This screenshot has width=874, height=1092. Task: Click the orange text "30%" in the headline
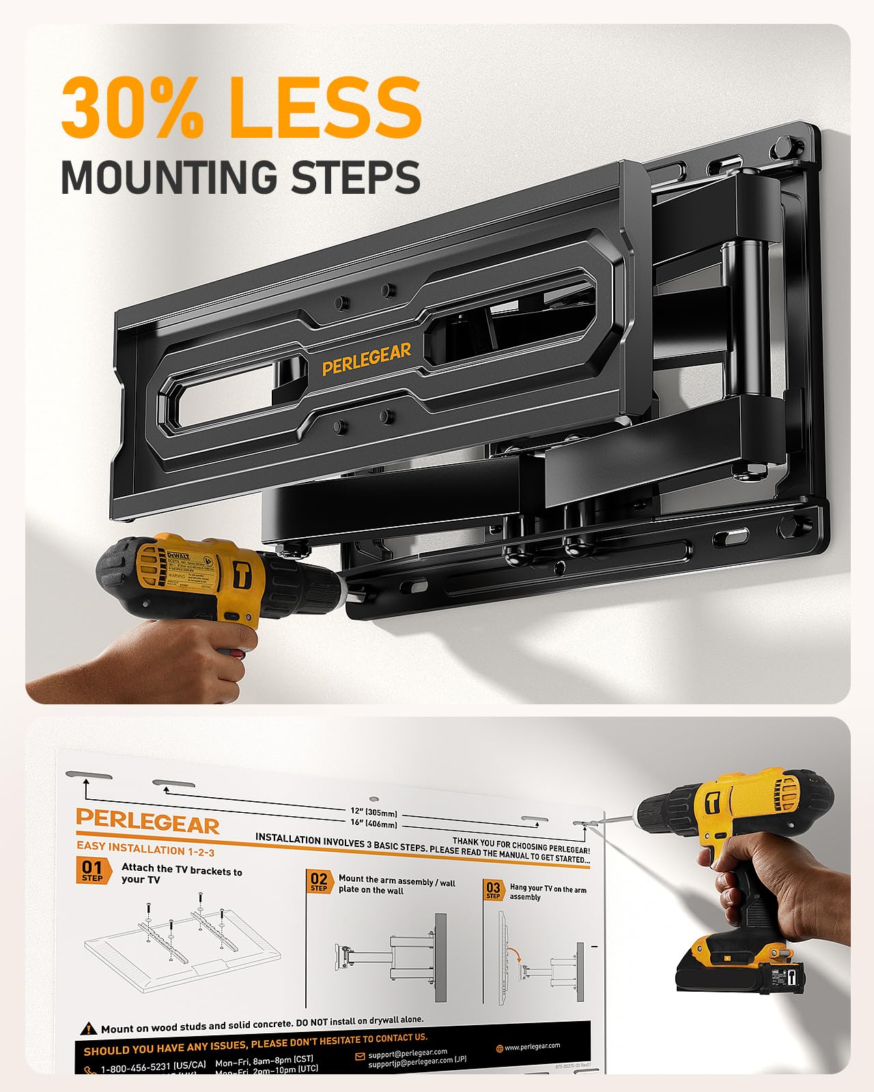pyautogui.click(x=133, y=107)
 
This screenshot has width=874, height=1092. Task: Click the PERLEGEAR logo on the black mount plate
pyautogui.click(x=367, y=359)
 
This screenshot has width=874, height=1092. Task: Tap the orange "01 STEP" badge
pyautogui.click(x=92, y=871)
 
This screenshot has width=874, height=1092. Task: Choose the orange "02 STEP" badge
pyautogui.click(x=319, y=881)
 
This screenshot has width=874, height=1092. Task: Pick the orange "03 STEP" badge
pyautogui.click(x=493, y=890)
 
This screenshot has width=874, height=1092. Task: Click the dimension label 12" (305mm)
pyautogui.click(x=373, y=812)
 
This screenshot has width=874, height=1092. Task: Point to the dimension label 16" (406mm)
pyautogui.click(x=373, y=823)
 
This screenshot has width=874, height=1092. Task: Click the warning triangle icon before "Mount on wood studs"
pyautogui.click(x=89, y=1029)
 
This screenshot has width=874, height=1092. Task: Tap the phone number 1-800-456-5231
pyautogui.click(x=153, y=1065)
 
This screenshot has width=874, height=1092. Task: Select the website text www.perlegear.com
pyautogui.click(x=532, y=1046)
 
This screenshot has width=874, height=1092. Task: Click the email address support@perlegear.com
pyautogui.click(x=408, y=1054)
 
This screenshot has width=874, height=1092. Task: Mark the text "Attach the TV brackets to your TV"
pyautogui.click(x=181, y=874)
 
